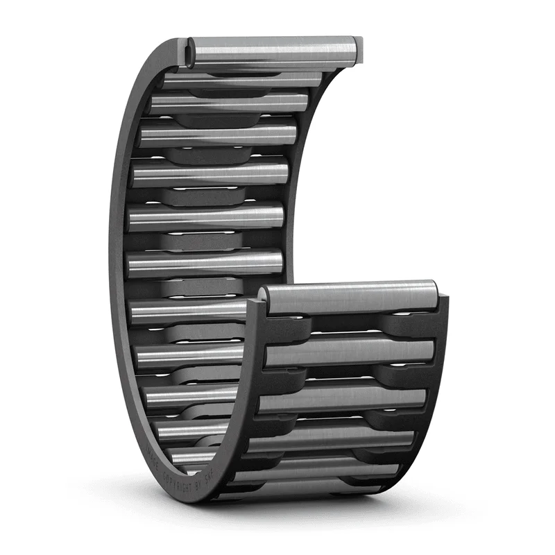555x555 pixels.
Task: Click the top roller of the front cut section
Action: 350,297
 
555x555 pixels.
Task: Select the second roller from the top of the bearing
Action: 243,80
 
